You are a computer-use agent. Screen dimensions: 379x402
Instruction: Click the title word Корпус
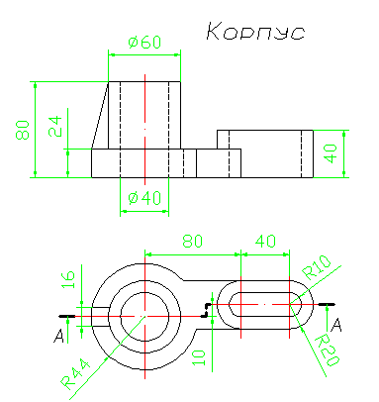[255, 32]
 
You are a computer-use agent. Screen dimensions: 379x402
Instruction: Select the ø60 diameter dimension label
[144, 43]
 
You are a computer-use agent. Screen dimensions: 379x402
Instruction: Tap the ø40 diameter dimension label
[144, 198]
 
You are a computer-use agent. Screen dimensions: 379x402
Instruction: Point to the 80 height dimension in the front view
[23, 130]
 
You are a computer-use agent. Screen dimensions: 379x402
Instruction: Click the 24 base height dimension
[55, 127]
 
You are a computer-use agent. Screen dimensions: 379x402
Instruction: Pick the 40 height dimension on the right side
[331, 153]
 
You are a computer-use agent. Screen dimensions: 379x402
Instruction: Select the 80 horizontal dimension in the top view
[193, 242]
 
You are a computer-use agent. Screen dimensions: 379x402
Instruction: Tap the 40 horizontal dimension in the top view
[265, 242]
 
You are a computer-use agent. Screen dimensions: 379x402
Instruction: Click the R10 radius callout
[316, 267]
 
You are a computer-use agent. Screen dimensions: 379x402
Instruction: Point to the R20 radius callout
[327, 351]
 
